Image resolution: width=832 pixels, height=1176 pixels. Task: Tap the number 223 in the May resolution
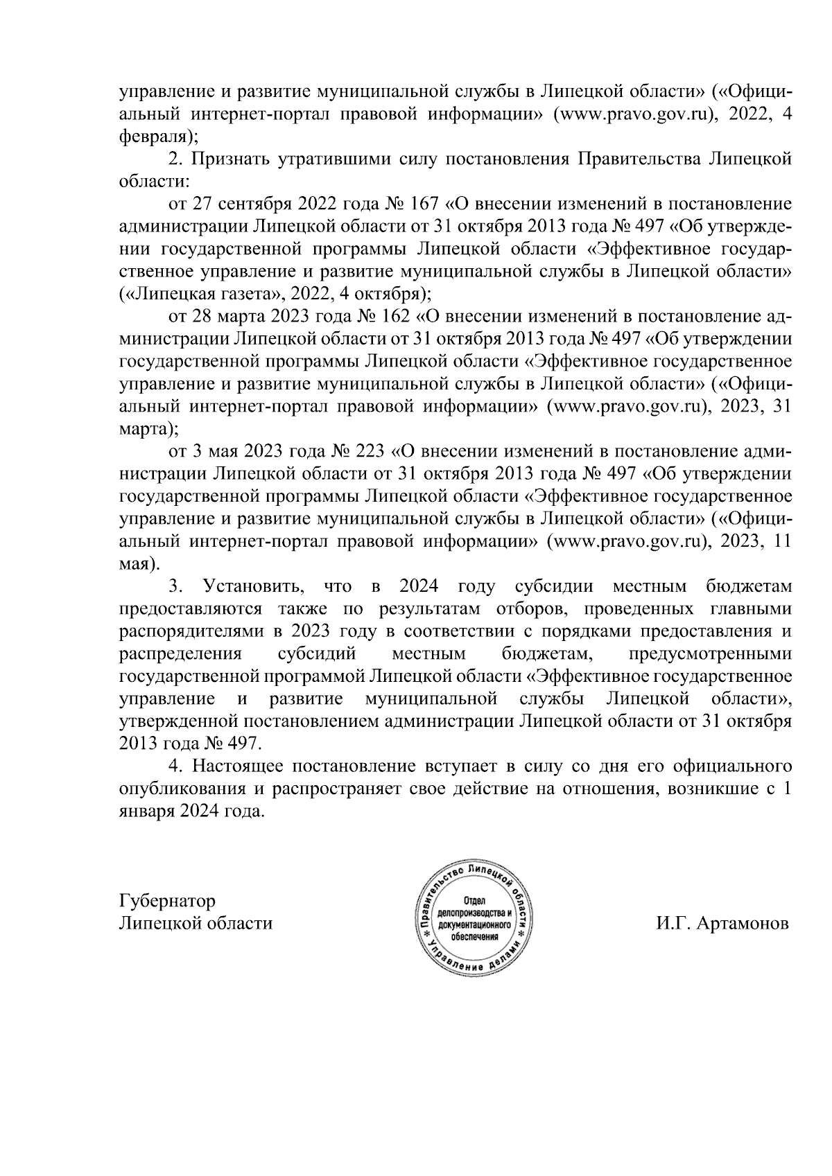pyautogui.click(x=371, y=453)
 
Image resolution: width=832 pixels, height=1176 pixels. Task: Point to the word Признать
pyautogui.click(x=227, y=159)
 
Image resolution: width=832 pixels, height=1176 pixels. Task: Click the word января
pyautogui.click(x=144, y=812)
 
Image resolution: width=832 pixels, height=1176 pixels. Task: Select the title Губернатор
pyautogui.click(x=167, y=901)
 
